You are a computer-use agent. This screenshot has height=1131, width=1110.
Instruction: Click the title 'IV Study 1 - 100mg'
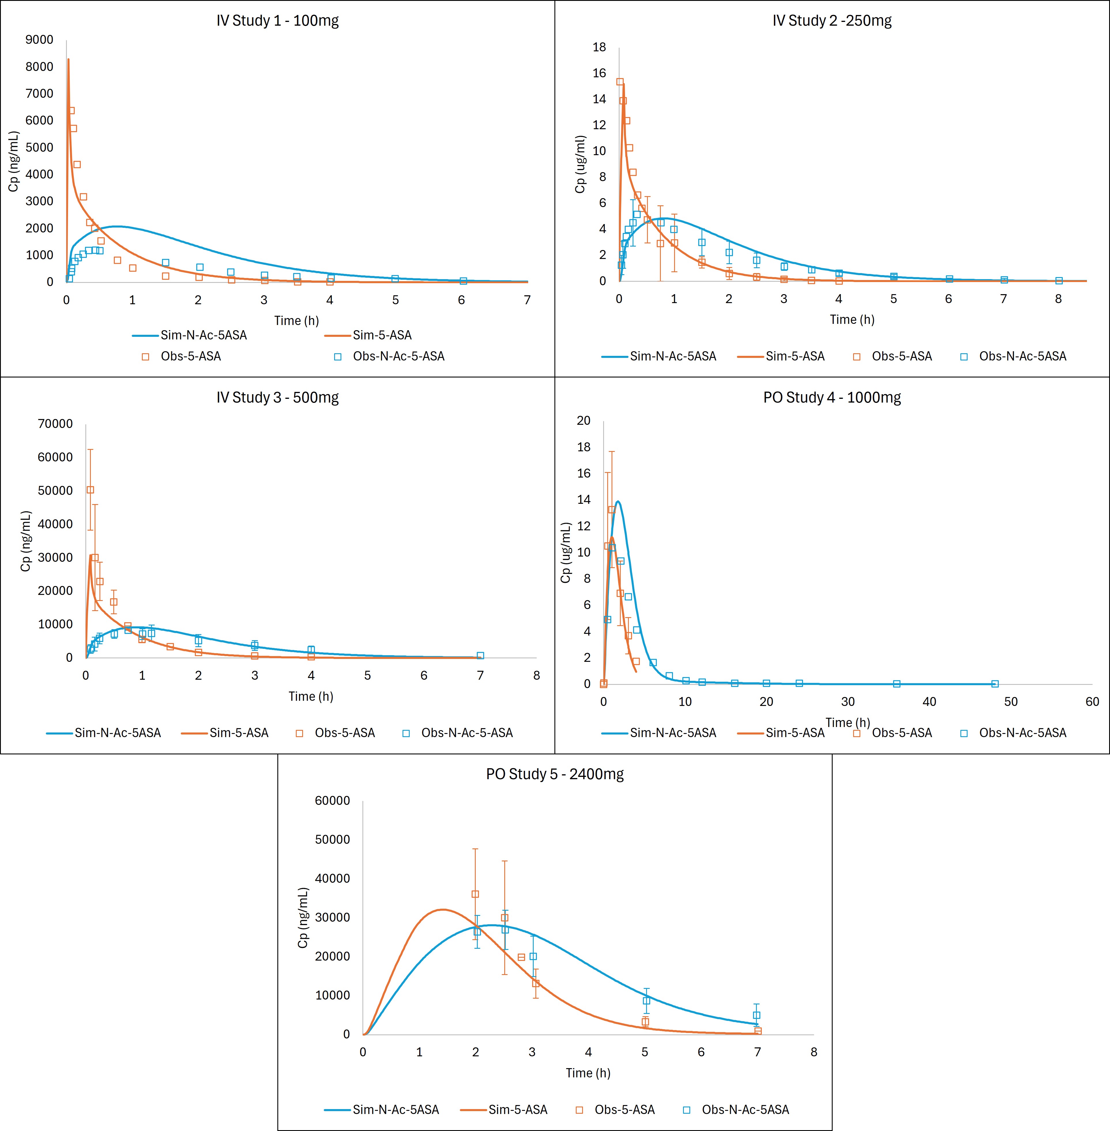[277, 21]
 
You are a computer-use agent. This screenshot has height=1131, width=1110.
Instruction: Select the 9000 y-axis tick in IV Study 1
[40, 40]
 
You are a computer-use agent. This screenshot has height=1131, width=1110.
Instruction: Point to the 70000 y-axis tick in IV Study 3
[55, 424]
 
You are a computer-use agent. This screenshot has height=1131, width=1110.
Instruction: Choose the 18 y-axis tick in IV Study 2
[599, 47]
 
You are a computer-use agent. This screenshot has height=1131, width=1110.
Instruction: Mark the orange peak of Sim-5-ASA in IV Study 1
[68, 59]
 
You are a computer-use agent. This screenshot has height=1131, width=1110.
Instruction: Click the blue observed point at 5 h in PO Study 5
[646, 1000]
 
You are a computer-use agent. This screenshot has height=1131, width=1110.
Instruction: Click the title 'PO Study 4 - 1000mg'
[832, 398]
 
